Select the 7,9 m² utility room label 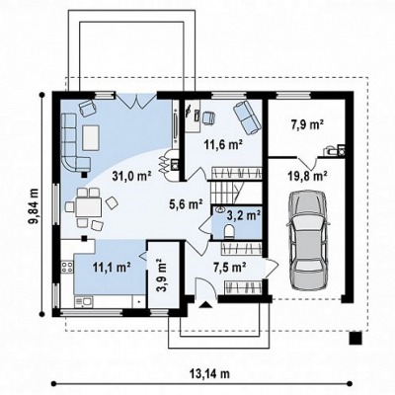(x=307, y=124)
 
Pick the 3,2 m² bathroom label (x=244, y=215)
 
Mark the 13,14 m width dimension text (x=209, y=373)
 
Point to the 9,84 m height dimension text (x=33, y=206)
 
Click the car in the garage (x=308, y=241)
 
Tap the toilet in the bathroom (x=228, y=231)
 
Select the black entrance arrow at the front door (x=205, y=305)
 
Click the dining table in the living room (x=89, y=207)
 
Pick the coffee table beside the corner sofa (x=91, y=137)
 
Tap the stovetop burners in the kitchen (x=67, y=267)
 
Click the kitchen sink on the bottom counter (x=84, y=302)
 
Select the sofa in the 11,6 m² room (x=247, y=118)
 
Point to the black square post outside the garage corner (x=355, y=338)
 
